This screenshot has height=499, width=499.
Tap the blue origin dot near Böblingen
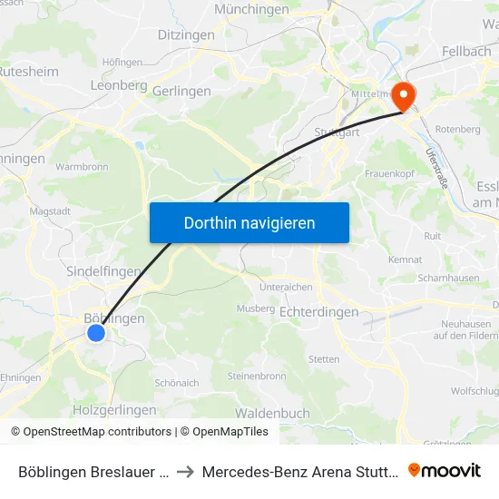(96, 334)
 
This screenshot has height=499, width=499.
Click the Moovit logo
(445, 471)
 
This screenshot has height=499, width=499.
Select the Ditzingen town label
(186, 35)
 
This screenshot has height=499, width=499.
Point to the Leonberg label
(119, 84)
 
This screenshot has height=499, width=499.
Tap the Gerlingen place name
(181, 92)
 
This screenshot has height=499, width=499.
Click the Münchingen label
(251, 10)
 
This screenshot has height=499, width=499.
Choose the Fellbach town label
(465, 52)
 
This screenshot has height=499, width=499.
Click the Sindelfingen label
(103, 271)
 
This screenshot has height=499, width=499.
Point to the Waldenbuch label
(272, 413)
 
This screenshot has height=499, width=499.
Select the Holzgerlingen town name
(114, 410)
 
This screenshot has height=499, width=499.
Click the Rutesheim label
(28, 71)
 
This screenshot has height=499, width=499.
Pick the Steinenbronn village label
(257, 376)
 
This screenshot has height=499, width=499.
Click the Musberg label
(255, 308)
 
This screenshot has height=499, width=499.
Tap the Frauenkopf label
(389, 173)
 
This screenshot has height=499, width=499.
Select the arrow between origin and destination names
(184, 472)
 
